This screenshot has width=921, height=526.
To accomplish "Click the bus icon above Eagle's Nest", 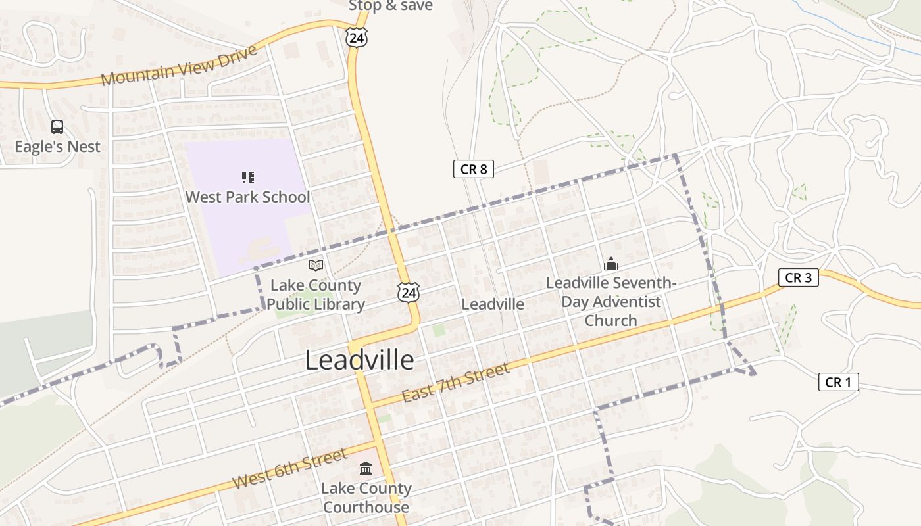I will pos(57,127).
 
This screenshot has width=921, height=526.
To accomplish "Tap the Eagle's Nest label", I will pos(58,146).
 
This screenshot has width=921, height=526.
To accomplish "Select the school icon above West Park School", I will pos(247,177).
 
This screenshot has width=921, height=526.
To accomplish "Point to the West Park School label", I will pos(247,197).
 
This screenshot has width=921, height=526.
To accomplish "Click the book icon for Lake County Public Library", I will pos(316,266).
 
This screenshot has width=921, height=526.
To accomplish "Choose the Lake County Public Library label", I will pos(316,295).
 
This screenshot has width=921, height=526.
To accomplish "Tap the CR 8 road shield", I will pos(474,169).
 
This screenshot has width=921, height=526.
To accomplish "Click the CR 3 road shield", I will pos(799,277).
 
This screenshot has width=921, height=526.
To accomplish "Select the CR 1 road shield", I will pos(838,382).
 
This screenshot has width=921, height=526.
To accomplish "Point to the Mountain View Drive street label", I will pos(179,65).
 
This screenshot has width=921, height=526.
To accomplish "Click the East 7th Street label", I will pos(455,383).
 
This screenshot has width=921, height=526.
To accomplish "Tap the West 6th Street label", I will pos(289,469).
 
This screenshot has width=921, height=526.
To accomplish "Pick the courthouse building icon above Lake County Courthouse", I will pos(366,469).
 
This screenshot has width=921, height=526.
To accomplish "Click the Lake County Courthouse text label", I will pos(366,498).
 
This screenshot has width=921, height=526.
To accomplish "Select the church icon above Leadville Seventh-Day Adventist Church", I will pos(611,264).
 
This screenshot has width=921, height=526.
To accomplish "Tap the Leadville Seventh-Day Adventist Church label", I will pos(611,302).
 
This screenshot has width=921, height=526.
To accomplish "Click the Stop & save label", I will pos(391,6).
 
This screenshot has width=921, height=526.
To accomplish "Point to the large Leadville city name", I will pos(360,360).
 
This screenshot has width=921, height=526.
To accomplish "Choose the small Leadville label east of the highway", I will pos(493,304).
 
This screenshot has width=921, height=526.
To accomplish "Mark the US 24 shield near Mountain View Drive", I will pos(356,37).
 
